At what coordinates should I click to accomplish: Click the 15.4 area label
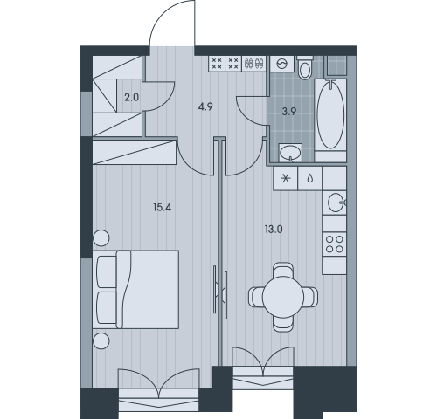click(163, 208)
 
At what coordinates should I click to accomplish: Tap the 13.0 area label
click(274, 230)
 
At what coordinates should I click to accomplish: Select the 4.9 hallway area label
click(205, 107)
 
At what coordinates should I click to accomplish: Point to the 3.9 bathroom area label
click(289, 112)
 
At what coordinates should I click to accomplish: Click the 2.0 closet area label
click(132, 98)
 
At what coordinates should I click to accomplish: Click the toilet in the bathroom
click(305, 67)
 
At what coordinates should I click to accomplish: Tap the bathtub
click(330, 115)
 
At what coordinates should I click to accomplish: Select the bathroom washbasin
click(290, 153)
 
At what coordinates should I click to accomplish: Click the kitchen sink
click(336, 203)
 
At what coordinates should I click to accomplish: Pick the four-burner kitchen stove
click(334, 244)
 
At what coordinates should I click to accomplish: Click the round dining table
click(283, 297)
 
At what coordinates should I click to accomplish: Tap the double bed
click(135, 290)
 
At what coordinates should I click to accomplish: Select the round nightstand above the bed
click(101, 237)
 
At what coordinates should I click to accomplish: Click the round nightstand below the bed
click(101, 340)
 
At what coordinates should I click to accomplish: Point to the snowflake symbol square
click(286, 179)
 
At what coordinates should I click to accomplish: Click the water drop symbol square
click(310, 179)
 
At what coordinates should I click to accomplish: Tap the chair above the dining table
click(283, 270)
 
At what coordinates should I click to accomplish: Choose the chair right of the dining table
click(311, 297)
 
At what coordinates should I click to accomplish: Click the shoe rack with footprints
click(254, 63)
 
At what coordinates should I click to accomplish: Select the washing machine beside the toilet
click(282, 64)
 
